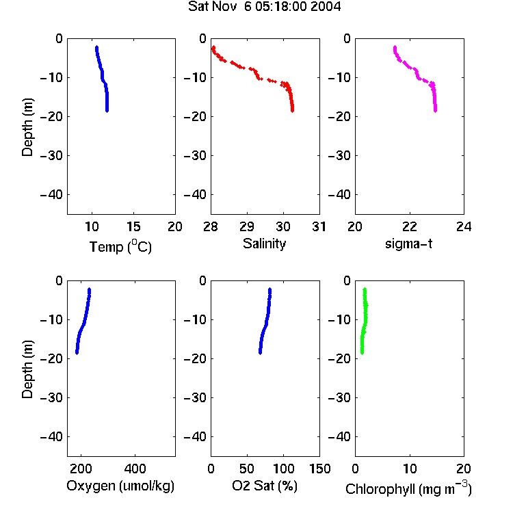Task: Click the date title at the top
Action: coord(264,6)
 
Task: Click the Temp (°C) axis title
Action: coord(120,246)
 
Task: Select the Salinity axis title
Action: coord(264,244)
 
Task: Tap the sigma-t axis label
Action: coord(408,244)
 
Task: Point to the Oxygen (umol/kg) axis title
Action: coord(120,486)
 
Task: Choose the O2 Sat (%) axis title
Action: coord(264,486)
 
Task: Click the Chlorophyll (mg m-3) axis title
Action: coord(408,488)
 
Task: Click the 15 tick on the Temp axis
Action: coord(133,226)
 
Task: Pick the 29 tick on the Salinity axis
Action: coord(247,226)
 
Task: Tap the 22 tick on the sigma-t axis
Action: coord(409,226)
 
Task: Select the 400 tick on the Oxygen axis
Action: coord(135,469)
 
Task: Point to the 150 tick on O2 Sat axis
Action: coord(319,469)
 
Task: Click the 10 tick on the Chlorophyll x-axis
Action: coord(409,469)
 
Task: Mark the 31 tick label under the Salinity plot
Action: coord(319,226)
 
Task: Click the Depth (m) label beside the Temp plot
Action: coord(27,127)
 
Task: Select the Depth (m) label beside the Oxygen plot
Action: coord(27,369)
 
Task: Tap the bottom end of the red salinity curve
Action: coord(293,111)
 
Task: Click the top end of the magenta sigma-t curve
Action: coord(395,47)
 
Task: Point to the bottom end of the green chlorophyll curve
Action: coord(362,353)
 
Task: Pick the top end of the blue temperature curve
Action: coord(96,47)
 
